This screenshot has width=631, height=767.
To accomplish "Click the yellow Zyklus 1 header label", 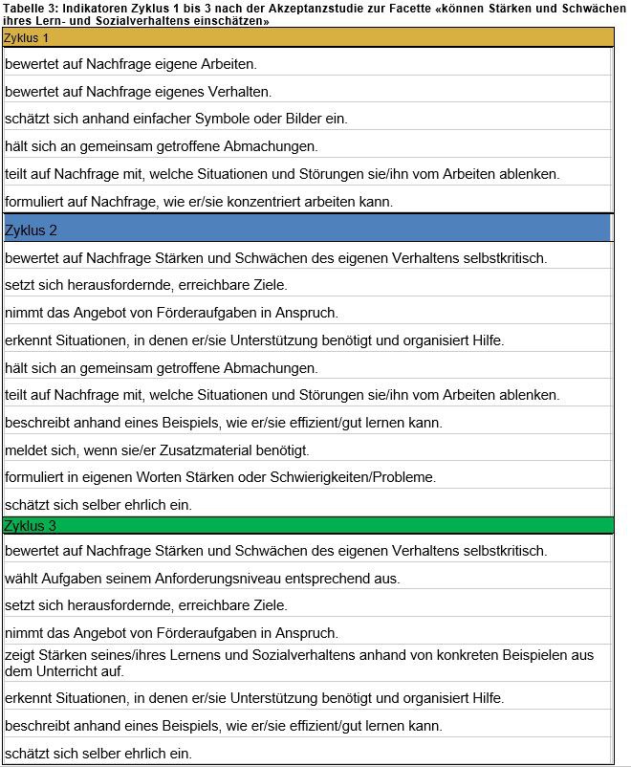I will coord(27,37).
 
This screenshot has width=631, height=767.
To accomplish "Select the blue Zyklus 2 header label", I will coord(31,230).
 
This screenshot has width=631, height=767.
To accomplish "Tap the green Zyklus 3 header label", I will coord(31,525).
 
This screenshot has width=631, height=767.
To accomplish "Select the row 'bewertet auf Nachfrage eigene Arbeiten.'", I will coord(131,65).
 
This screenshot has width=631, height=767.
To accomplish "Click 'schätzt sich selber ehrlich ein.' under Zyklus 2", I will coord(98,504).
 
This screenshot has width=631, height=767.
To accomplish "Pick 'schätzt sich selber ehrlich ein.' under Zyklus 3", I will coord(98,753).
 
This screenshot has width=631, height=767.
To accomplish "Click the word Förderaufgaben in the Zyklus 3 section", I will coord(188,633).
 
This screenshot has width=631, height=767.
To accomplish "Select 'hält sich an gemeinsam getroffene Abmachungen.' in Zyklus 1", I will coord(161,146).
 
